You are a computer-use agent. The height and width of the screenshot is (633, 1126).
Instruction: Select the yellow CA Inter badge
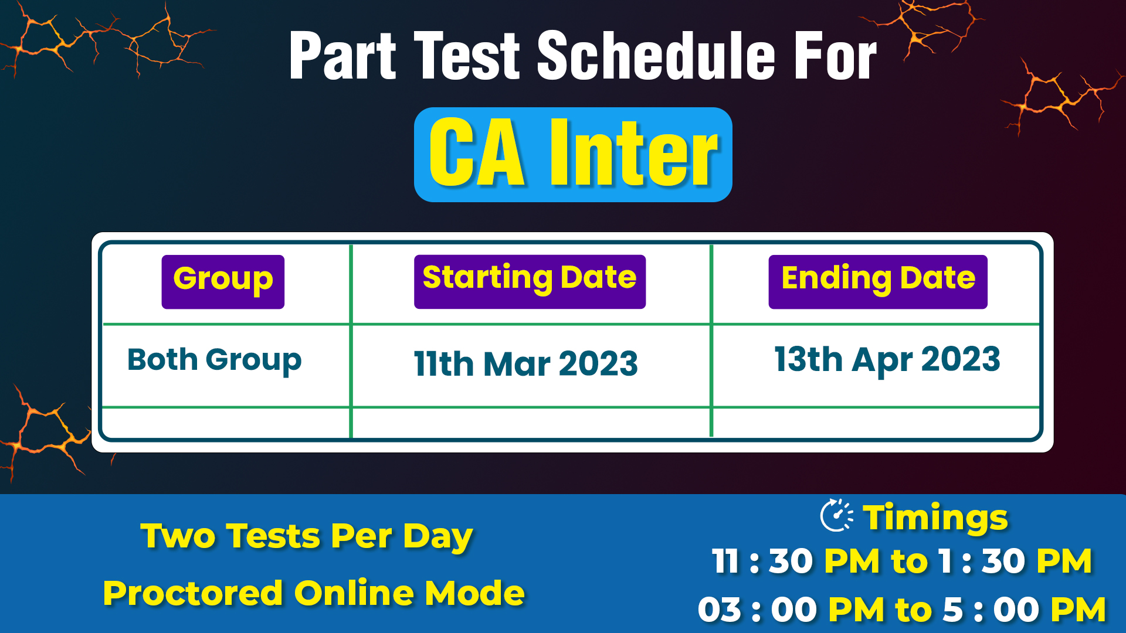click(573, 154)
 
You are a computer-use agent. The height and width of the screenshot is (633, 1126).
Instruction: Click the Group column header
click(223, 281)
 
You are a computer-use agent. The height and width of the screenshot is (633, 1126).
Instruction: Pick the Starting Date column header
click(530, 281)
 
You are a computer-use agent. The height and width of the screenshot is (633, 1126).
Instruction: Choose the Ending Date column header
click(878, 281)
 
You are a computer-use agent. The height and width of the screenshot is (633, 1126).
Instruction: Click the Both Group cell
click(215, 360)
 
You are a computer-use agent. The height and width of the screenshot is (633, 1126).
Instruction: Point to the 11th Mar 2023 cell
click(525, 363)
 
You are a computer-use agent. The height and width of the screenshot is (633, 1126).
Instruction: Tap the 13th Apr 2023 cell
click(887, 360)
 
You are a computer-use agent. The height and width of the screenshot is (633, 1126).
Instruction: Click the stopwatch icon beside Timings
click(837, 516)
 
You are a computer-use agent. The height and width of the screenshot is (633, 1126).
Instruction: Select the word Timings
click(935, 518)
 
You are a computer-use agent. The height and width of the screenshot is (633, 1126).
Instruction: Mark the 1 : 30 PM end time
click(1015, 561)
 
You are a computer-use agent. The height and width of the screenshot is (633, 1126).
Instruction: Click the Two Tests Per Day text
click(307, 537)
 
